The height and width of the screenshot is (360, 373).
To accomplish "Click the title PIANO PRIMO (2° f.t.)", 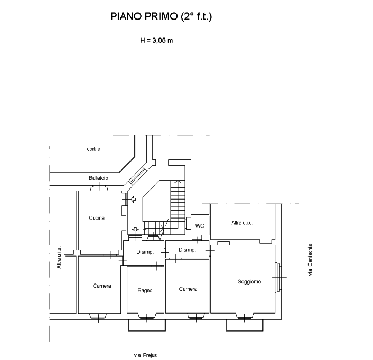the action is tap(161, 16).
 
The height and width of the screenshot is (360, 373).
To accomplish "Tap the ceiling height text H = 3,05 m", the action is tap(156, 41).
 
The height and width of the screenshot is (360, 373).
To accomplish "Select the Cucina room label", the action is tap(97, 218).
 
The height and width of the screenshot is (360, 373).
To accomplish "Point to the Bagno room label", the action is tap(145, 291).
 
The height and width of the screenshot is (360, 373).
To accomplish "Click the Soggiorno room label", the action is tap(249, 282).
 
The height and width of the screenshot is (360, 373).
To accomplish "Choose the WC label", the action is tap(200, 226).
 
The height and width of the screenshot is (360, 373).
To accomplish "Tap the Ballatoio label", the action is tap(98, 178).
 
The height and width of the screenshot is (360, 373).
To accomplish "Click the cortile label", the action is tap(94, 149).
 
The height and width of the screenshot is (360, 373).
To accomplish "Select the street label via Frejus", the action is tap(145, 355).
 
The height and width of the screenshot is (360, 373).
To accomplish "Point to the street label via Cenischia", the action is tap(310, 260).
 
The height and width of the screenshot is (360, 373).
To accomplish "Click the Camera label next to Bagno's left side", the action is tap(102, 286).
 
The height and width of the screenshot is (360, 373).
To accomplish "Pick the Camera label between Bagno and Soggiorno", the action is tap(188, 289).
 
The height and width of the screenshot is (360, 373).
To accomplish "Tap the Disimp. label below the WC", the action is tap(187, 250).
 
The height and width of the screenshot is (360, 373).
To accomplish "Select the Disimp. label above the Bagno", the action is tap(145, 252).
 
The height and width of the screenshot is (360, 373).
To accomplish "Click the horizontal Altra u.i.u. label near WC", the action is tap(243, 223).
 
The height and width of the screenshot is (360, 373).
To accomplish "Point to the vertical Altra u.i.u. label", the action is tap(59, 257).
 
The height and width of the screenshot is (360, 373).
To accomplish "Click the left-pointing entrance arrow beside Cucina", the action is tap(134, 199).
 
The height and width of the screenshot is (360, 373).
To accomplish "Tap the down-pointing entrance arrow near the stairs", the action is tap(135, 229).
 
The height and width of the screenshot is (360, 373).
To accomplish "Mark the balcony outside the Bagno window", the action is tap(147, 325).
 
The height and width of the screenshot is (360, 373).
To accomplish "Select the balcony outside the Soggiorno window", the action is tap(244, 325).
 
